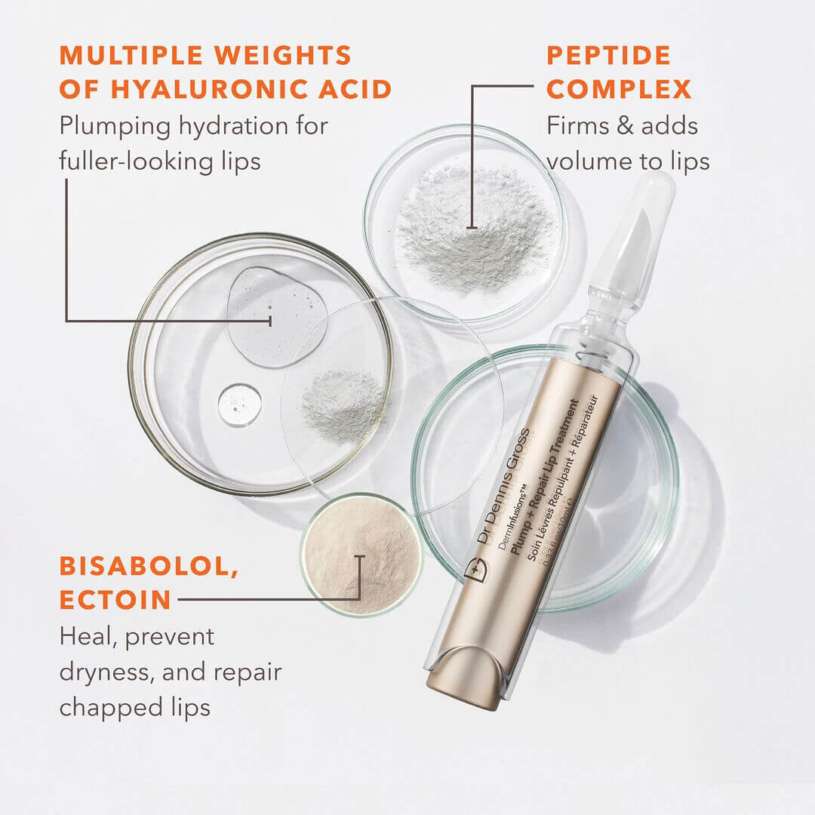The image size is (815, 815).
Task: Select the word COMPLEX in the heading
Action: click(619, 90)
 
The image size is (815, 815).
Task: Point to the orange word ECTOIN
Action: click(115, 601)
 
